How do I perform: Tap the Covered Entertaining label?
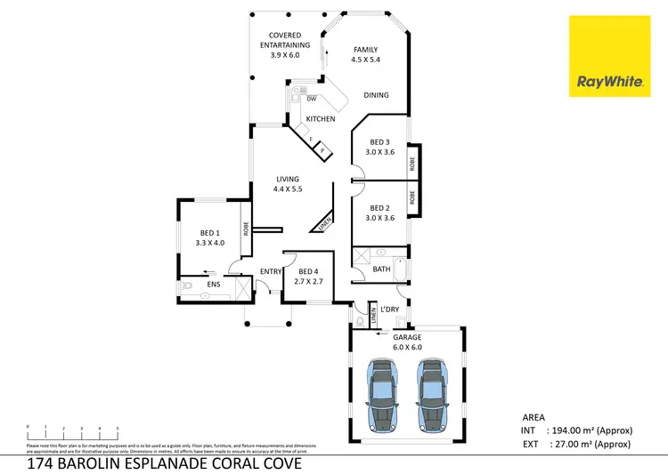[x=285, y=44]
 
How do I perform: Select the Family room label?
[x=366, y=55]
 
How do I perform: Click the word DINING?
[x=376, y=95]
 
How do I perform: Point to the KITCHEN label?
[x=321, y=118]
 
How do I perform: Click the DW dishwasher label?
[x=312, y=99]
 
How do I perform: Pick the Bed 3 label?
[x=380, y=147]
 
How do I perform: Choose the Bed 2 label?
[x=380, y=213]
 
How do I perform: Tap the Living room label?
[x=287, y=184]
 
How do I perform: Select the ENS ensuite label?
[x=214, y=285]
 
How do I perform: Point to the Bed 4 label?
[x=308, y=277]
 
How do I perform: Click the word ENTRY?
[x=270, y=272]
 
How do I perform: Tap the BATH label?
[x=381, y=269]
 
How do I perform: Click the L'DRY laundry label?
[x=389, y=309]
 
